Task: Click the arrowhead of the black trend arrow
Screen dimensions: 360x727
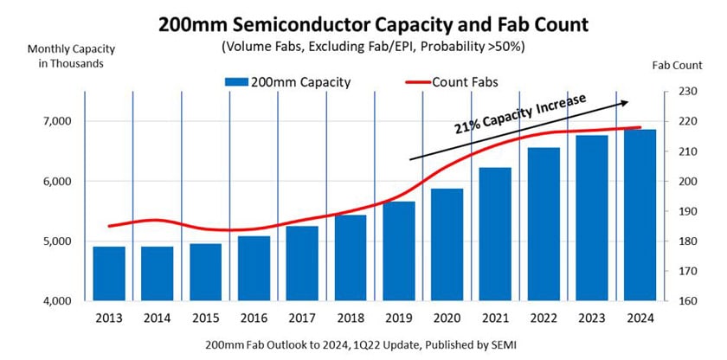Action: [626, 102]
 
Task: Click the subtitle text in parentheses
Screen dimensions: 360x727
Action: [363, 44]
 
